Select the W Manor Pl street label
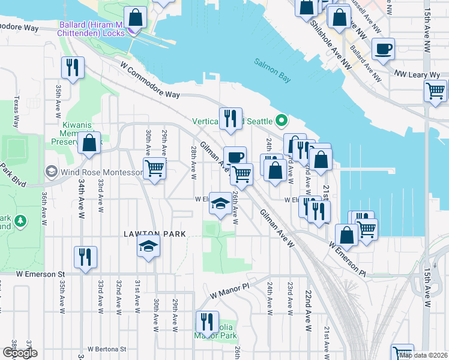(x=229, y=292)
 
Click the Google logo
(x=20, y=353)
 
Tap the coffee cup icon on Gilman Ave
(x=235, y=157)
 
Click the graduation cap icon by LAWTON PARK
(x=148, y=246)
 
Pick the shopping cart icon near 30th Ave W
(x=154, y=169)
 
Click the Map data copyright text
(x=422, y=355)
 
